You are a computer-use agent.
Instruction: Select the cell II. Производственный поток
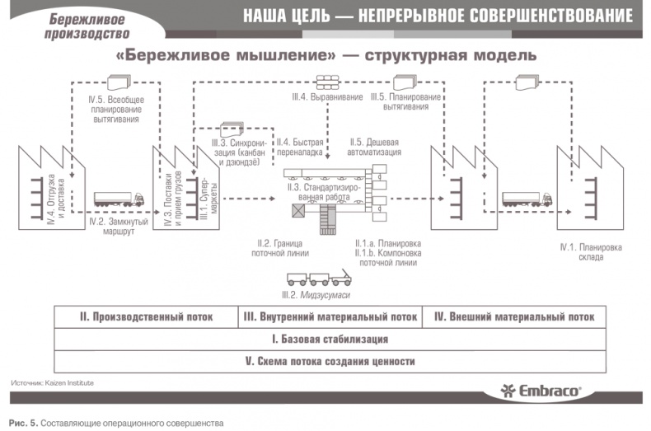coord(146,316)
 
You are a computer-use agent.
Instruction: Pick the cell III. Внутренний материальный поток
coord(330,316)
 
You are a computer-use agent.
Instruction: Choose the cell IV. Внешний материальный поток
coord(514,316)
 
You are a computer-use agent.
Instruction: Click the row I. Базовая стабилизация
coord(330,339)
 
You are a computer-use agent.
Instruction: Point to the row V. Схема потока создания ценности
coord(330,361)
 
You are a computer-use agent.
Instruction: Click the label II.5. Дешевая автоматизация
coord(375,147)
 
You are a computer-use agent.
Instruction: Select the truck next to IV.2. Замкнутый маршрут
coord(118,199)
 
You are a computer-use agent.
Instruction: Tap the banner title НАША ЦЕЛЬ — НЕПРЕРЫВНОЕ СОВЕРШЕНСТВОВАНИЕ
coord(438,16)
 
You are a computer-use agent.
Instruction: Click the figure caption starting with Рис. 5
coord(116,424)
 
